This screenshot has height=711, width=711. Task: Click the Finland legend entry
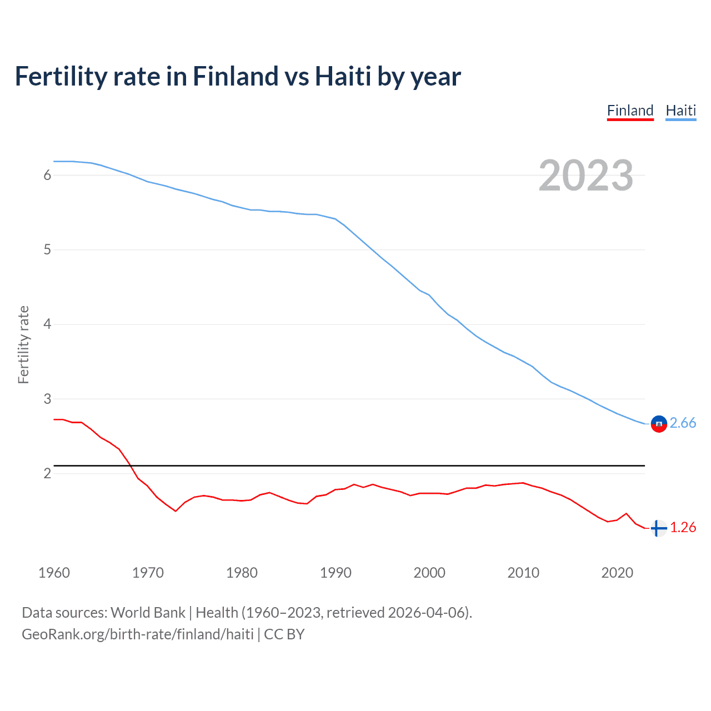click(630, 111)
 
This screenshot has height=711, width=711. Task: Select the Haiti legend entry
click(680, 111)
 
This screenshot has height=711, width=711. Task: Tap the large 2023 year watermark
click(585, 176)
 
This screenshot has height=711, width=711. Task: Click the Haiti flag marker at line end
click(658, 424)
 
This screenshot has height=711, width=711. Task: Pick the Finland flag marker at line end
click(658, 528)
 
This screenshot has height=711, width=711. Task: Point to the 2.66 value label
click(683, 423)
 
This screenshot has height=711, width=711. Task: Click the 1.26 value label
click(683, 527)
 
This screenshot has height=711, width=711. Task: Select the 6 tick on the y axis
click(47, 176)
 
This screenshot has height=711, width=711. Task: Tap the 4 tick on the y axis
click(47, 324)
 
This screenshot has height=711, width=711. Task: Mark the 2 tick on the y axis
click(47, 473)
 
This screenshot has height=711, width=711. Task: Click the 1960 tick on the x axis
click(54, 573)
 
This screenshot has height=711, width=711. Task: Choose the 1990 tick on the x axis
click(336, 573)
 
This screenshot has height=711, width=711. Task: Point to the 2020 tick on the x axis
click(617, 573)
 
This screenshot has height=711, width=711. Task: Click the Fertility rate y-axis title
click(23, 344)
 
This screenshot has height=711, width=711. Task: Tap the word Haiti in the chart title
click(343, 77)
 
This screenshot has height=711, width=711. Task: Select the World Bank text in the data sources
click(148, 613)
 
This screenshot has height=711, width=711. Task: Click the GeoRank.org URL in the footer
click(137, 634)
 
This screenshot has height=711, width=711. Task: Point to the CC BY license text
click(284, 634)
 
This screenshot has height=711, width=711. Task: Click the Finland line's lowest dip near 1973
click(176, 510)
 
